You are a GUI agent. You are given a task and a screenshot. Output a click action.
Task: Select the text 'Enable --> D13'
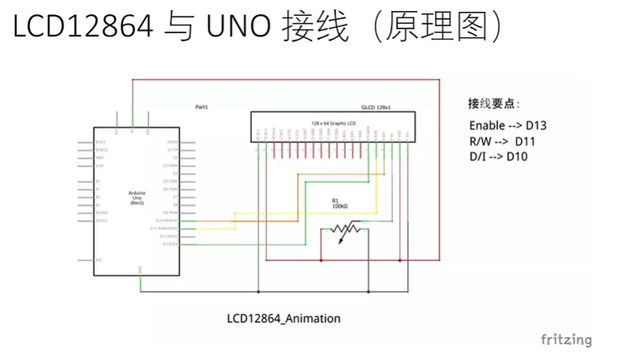(507, 125)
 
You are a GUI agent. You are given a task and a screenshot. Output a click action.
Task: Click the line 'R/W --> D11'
(503, 141)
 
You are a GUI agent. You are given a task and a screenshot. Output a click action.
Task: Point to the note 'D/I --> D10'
(499, 157)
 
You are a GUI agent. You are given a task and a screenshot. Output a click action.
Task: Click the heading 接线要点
(493, 103)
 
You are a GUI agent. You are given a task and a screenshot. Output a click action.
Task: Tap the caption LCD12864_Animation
(284, 319)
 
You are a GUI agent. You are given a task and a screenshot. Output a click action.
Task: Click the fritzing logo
(566, 340)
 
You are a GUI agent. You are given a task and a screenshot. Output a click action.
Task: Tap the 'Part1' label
(201, 106)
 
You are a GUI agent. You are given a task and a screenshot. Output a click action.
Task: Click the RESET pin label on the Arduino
(103, 142)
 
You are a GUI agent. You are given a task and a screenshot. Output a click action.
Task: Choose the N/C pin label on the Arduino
(99, 259)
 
